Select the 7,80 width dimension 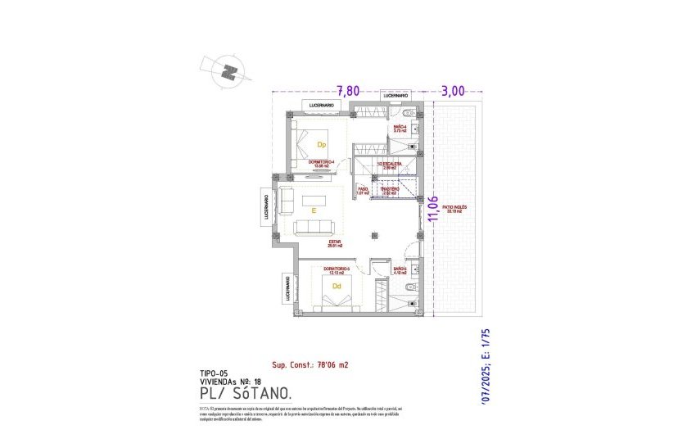tap(350, 91)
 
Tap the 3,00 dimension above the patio tap(453, 91)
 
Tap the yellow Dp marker tap(322, 145)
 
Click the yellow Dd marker tap(337, 286)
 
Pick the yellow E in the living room tap(313, 210)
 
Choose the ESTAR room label tap(334, 243)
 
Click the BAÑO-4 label tap(400, 128)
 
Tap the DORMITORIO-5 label tap(336, 269)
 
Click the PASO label tap(364, 191)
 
